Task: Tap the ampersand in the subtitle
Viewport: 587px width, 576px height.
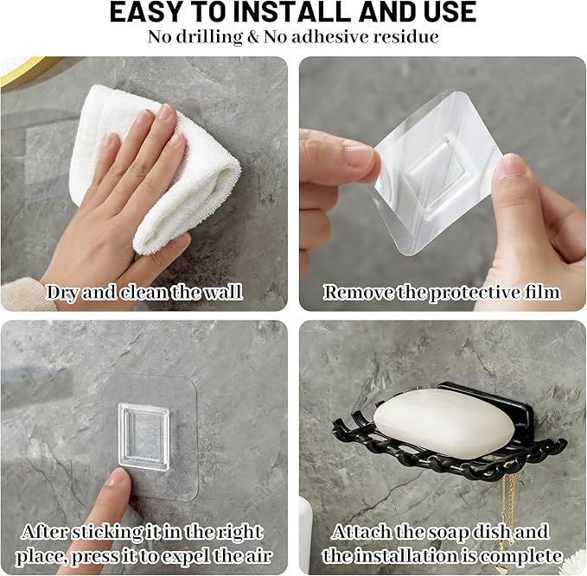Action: coord(253,37)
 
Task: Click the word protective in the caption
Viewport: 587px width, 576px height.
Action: coord(475,293)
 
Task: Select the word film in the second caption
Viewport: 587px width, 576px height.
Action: coord(542,292)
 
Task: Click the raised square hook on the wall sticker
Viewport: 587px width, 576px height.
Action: coord(144,436)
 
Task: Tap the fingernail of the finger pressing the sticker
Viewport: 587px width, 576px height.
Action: coord(118,478)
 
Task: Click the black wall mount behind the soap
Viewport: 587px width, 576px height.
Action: coord(483,397)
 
